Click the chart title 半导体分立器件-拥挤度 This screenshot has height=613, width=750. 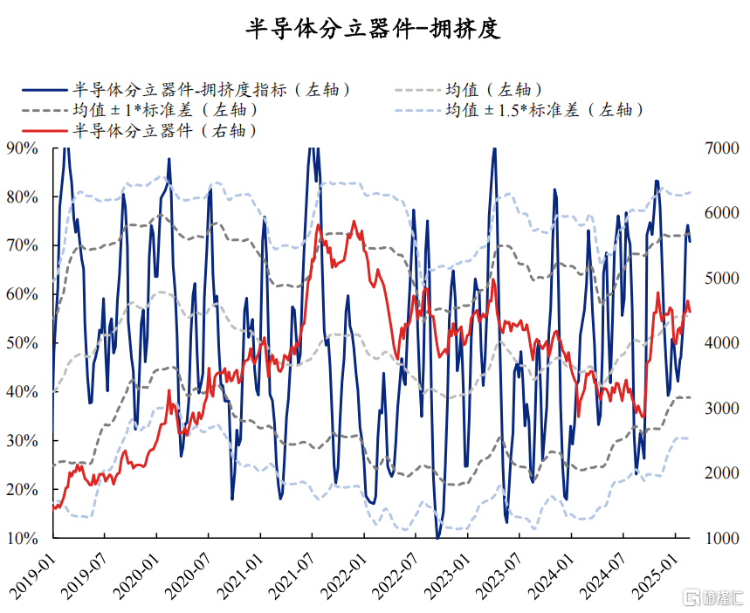(374, 29)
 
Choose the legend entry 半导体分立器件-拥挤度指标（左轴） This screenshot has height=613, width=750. (210, 89)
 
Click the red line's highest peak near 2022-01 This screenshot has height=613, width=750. (354, 222)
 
